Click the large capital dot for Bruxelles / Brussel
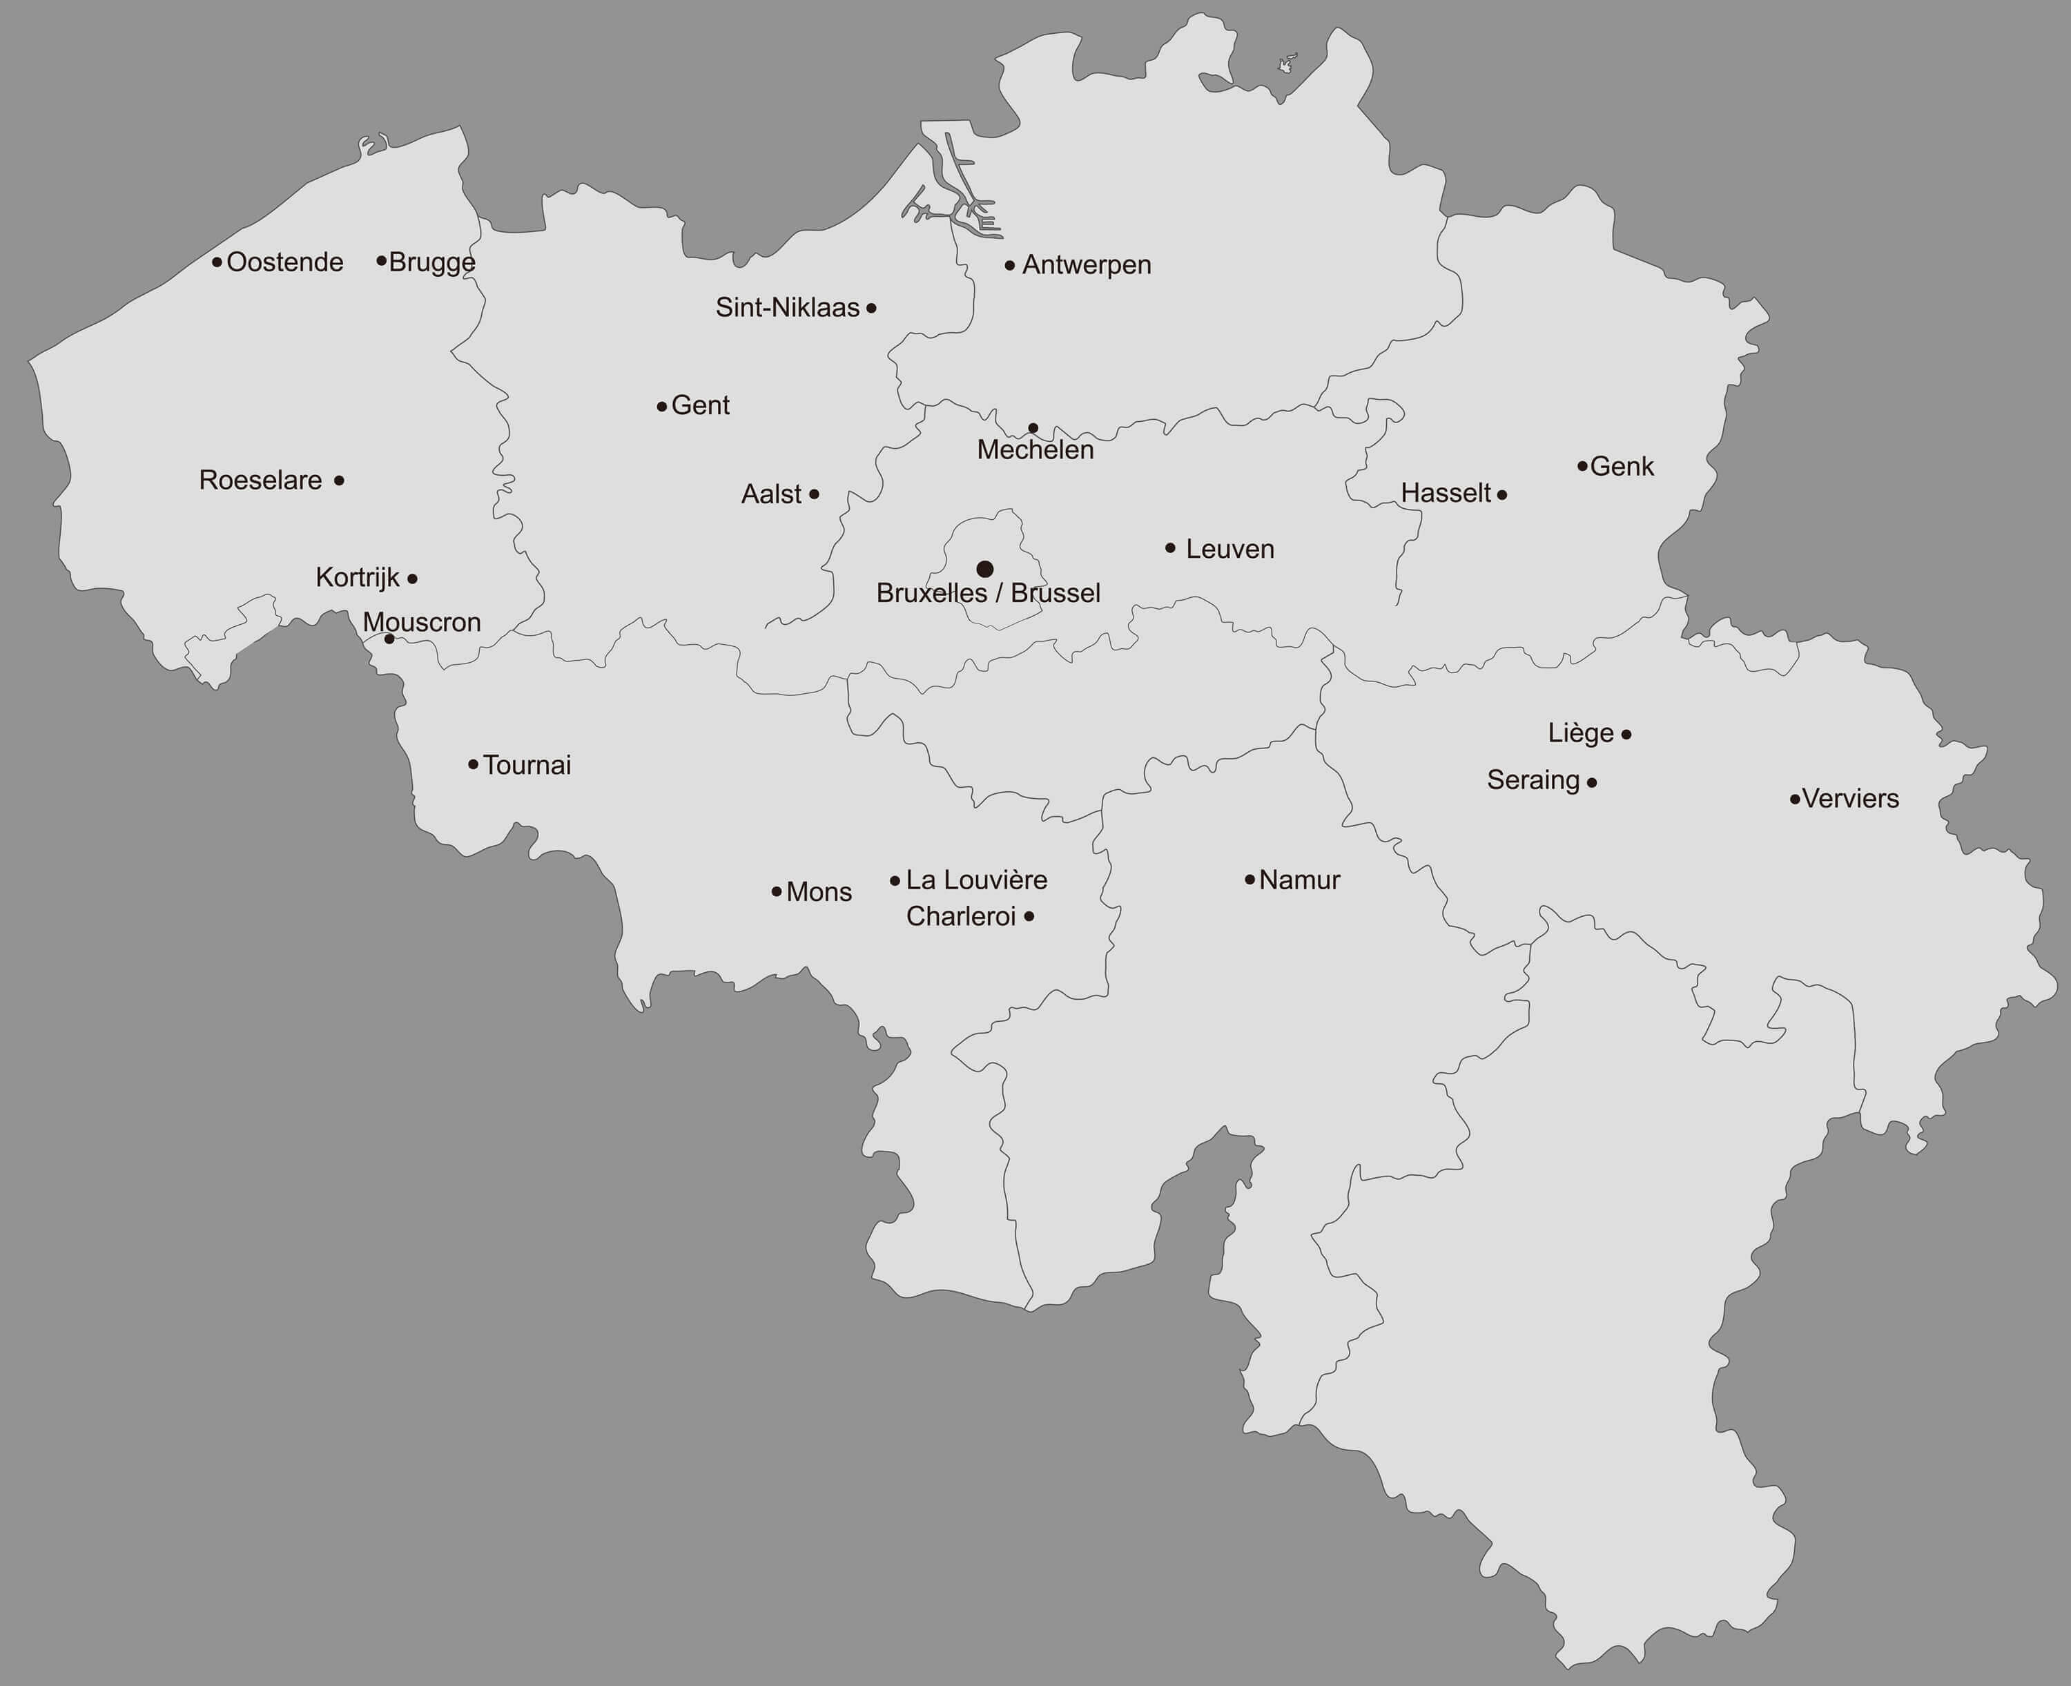point(984,569)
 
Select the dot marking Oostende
point(217,262)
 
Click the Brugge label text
point(432,262)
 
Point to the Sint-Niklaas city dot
point(871,308)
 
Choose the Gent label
point(700,405)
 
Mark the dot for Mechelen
point(1033,428)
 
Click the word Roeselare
point(260,480)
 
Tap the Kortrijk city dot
point(413,579)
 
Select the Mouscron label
point(421,623)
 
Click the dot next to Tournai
point(473,764)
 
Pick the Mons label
point(819,891)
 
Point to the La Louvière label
point(976,880)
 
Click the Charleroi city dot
point(1029,916)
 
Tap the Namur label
point(1299,880)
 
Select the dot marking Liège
point(1626,734)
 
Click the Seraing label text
point(1533,780)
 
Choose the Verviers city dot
point(1794,800)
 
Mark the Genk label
point(1622,466)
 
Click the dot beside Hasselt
point(1502,495)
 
